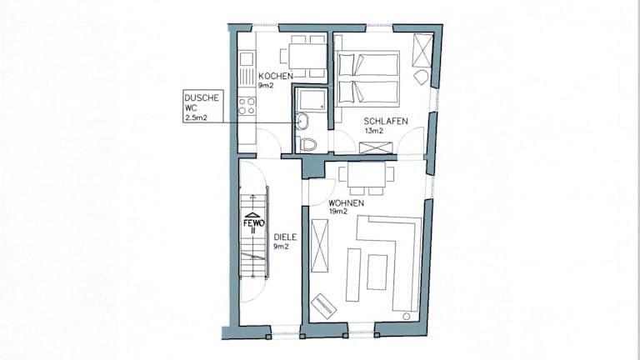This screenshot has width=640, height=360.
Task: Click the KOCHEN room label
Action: point(276,76)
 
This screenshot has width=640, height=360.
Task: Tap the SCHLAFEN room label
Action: point(386,121)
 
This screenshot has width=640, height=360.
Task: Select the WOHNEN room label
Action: point(346,202)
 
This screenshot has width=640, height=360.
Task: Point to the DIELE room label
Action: point(285,237)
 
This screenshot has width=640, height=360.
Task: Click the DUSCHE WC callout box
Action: point(203,107)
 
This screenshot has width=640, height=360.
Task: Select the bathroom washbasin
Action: point(302,121)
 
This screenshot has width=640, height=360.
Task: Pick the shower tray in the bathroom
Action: point(312,100)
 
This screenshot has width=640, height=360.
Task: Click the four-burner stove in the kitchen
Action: point(247,105)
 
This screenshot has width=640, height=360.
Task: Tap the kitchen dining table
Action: point(307,56)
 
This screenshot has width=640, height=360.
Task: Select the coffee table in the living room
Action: point(377,272)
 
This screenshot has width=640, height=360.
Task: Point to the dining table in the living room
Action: point(366,174)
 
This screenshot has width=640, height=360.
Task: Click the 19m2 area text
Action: point(338,212)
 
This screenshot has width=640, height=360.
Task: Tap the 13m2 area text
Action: point(374,131)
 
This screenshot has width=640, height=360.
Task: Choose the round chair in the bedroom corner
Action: point(421,77)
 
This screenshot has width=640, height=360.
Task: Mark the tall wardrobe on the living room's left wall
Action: point(320,246)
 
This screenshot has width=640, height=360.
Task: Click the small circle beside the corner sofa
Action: point(406,316)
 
